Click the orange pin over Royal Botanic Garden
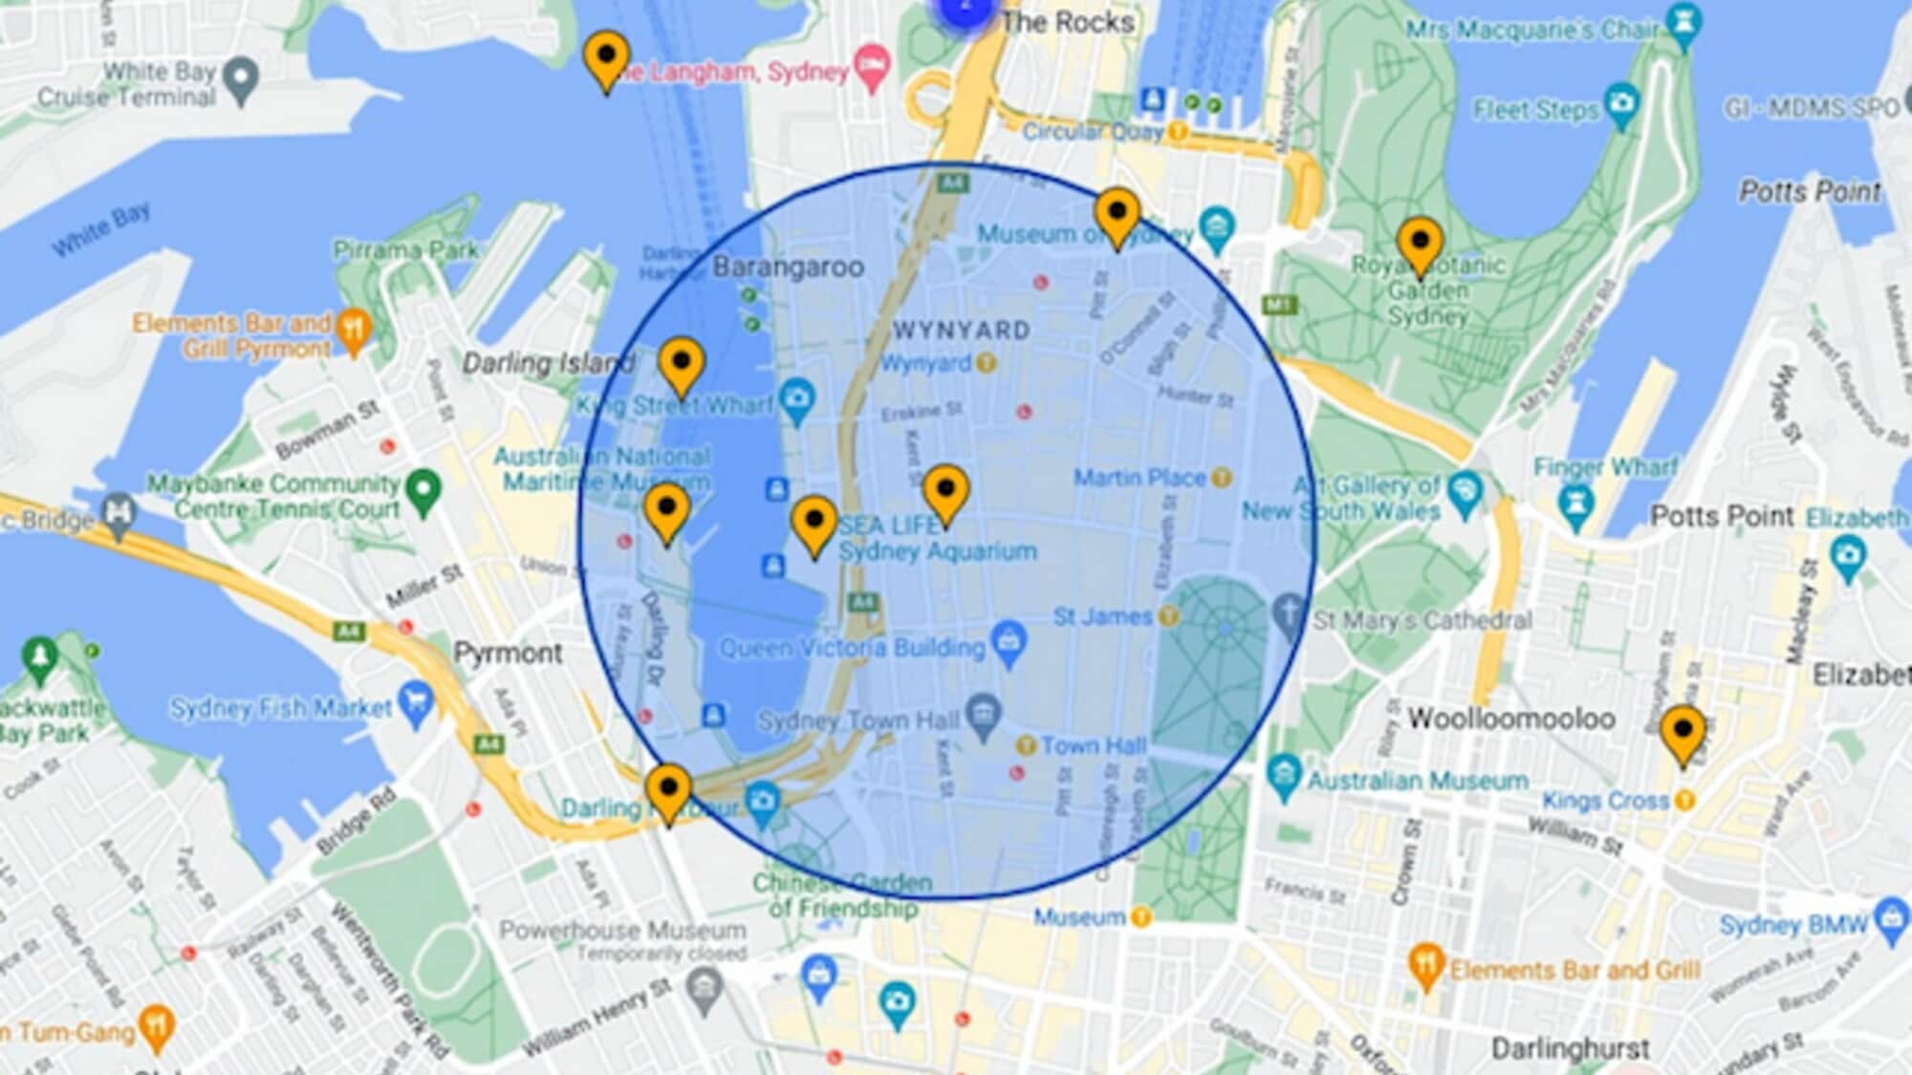[x=1420, y=244]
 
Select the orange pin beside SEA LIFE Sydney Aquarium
[x=815, y=524]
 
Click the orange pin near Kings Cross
[x=1683, y=734]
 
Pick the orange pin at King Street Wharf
[x=682, y=366]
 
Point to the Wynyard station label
[x=925, y=363]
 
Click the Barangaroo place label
[x=788, y=267]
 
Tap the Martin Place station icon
[x=1221, y=477]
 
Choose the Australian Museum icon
[x=1284, y=775]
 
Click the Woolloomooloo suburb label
[x=1511, y=718]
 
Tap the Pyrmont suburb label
[x=508, y=654]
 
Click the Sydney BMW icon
[x=1892, y=919]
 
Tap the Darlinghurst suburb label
[x=1571, y=1048]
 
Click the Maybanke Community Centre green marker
[x=423, y=490]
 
